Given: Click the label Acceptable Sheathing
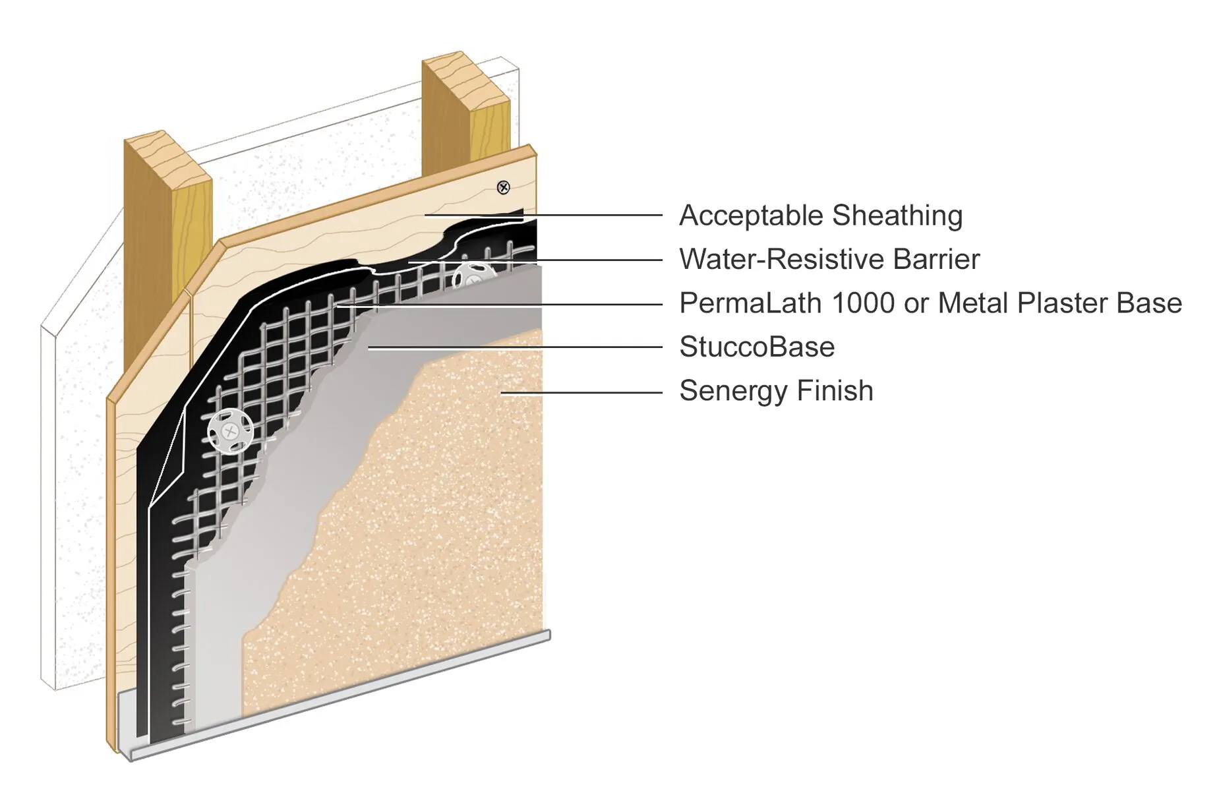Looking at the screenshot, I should click(820, 216).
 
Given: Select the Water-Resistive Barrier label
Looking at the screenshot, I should click(829, 259).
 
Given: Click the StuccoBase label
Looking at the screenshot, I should click(757, 347).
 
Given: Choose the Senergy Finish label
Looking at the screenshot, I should click(776, 391).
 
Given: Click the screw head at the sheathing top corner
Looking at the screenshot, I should click(504, 188).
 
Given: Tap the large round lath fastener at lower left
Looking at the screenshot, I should click(230, 432).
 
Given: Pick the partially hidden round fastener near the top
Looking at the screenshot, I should click(472, 274).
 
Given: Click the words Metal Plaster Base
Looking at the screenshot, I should click(1059, 303).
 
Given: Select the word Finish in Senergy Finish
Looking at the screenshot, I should click(835, 391).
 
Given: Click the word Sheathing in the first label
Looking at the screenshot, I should click(897, 216).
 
